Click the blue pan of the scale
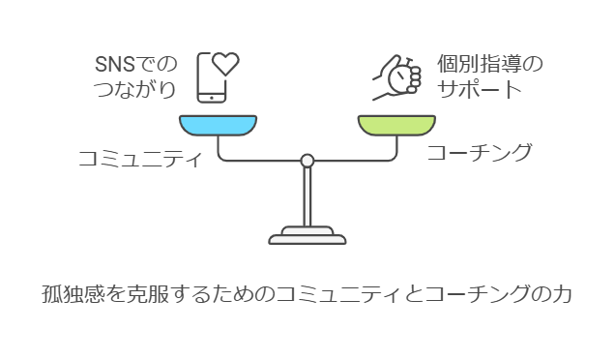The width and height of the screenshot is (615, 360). tap(219, 125)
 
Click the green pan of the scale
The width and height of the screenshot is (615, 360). tap(396, 125)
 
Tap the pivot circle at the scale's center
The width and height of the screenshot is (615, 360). tap(307, 161)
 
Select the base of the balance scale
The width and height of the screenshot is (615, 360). tap(307, 235)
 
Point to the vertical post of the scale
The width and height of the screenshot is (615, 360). tap(307, 196)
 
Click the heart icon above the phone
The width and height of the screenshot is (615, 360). tap(225, 64)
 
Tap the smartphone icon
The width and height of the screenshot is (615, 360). tap(212, 78)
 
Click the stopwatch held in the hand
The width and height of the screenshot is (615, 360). tap(399, 76)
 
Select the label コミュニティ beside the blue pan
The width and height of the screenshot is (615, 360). tap(140, 159)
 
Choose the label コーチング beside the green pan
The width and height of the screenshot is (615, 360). tap(480, 152)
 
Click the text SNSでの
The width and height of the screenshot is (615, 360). tap(136, 64)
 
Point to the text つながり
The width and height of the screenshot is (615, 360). tap(134, 89)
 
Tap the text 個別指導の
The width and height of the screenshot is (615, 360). tap(490, 64)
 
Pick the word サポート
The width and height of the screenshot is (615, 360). tap(479, 89)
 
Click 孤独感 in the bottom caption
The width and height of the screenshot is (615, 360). tap(73, 294)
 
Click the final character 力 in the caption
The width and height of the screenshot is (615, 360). tap(562, 294)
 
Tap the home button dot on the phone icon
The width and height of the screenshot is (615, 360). tap(212, 98)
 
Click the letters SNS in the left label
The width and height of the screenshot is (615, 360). tap(115, 65)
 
